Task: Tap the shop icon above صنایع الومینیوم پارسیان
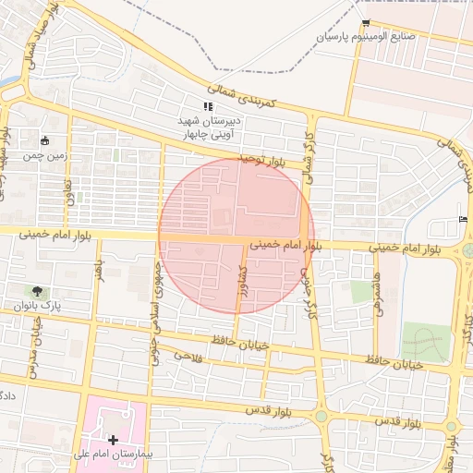(x=367, y=23)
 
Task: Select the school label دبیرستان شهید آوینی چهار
(x=208, y=127)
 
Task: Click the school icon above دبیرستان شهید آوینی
(x=208, y=107)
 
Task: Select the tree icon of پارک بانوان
(x=37, y=291)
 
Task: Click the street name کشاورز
(x=241, y=282)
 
